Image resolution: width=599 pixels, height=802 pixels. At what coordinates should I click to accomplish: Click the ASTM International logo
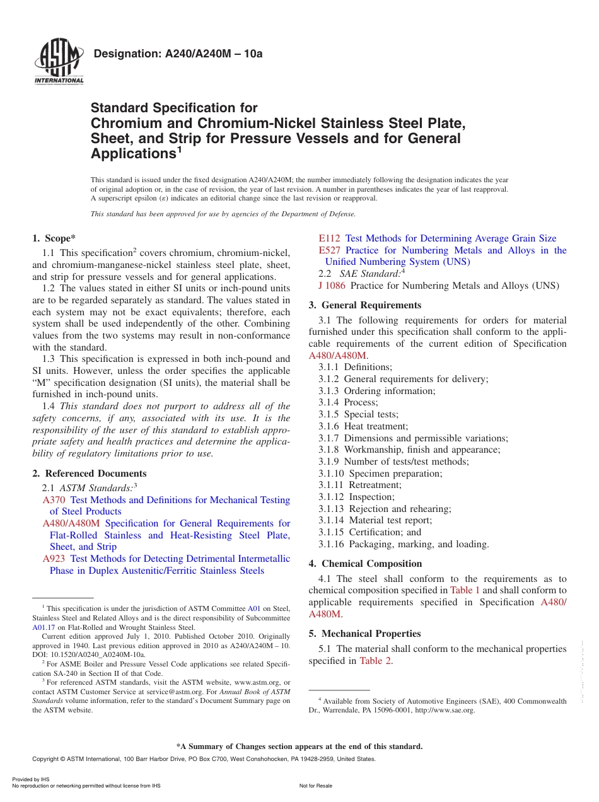59,62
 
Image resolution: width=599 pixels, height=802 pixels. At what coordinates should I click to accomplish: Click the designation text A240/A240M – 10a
178,54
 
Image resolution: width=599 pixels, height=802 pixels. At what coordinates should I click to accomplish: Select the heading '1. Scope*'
54,238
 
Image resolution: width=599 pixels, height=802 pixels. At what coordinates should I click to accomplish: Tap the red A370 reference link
54,500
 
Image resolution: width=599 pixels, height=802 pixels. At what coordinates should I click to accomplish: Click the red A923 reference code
54,559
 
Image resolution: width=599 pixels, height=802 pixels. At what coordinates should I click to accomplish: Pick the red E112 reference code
329,238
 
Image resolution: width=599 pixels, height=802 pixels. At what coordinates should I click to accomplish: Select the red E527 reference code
329,250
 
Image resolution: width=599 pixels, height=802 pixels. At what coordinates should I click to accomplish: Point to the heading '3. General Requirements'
364,305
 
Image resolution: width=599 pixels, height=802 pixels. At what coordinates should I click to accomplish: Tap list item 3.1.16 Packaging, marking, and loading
404,544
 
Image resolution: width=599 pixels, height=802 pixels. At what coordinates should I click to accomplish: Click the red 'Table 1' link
465,590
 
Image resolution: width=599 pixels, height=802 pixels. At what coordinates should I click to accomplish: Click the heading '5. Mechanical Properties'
364,634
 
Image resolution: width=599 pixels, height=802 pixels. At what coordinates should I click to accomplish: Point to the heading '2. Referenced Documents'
89,474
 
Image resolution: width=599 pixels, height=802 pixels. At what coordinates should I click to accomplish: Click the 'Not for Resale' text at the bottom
315,786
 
